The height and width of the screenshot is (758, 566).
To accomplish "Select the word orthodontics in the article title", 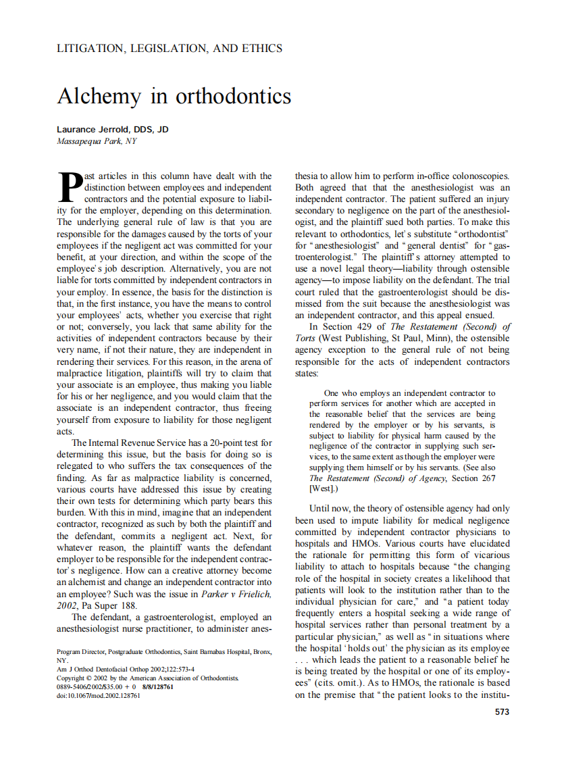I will [233, 97].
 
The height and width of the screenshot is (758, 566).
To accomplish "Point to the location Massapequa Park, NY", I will [97, 141].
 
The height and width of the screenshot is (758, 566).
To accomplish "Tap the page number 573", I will [502, 711].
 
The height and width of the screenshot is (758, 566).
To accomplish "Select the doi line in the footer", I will [99, 696].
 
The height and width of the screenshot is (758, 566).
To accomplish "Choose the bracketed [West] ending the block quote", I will [320, 488].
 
